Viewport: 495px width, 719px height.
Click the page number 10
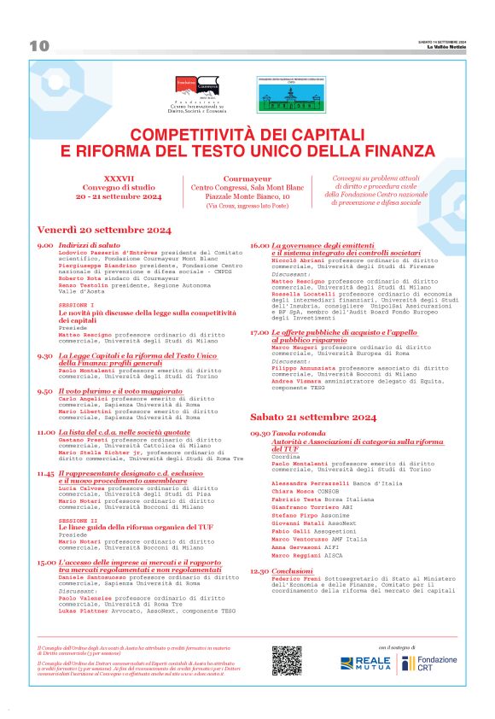tap(39, 46)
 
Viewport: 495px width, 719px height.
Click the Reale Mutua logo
tap(365, 663)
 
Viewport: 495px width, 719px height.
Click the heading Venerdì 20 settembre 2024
tap(104, 231)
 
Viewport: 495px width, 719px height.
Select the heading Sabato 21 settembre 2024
tap(312, 417)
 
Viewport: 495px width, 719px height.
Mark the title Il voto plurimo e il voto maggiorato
tap(114, 390)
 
